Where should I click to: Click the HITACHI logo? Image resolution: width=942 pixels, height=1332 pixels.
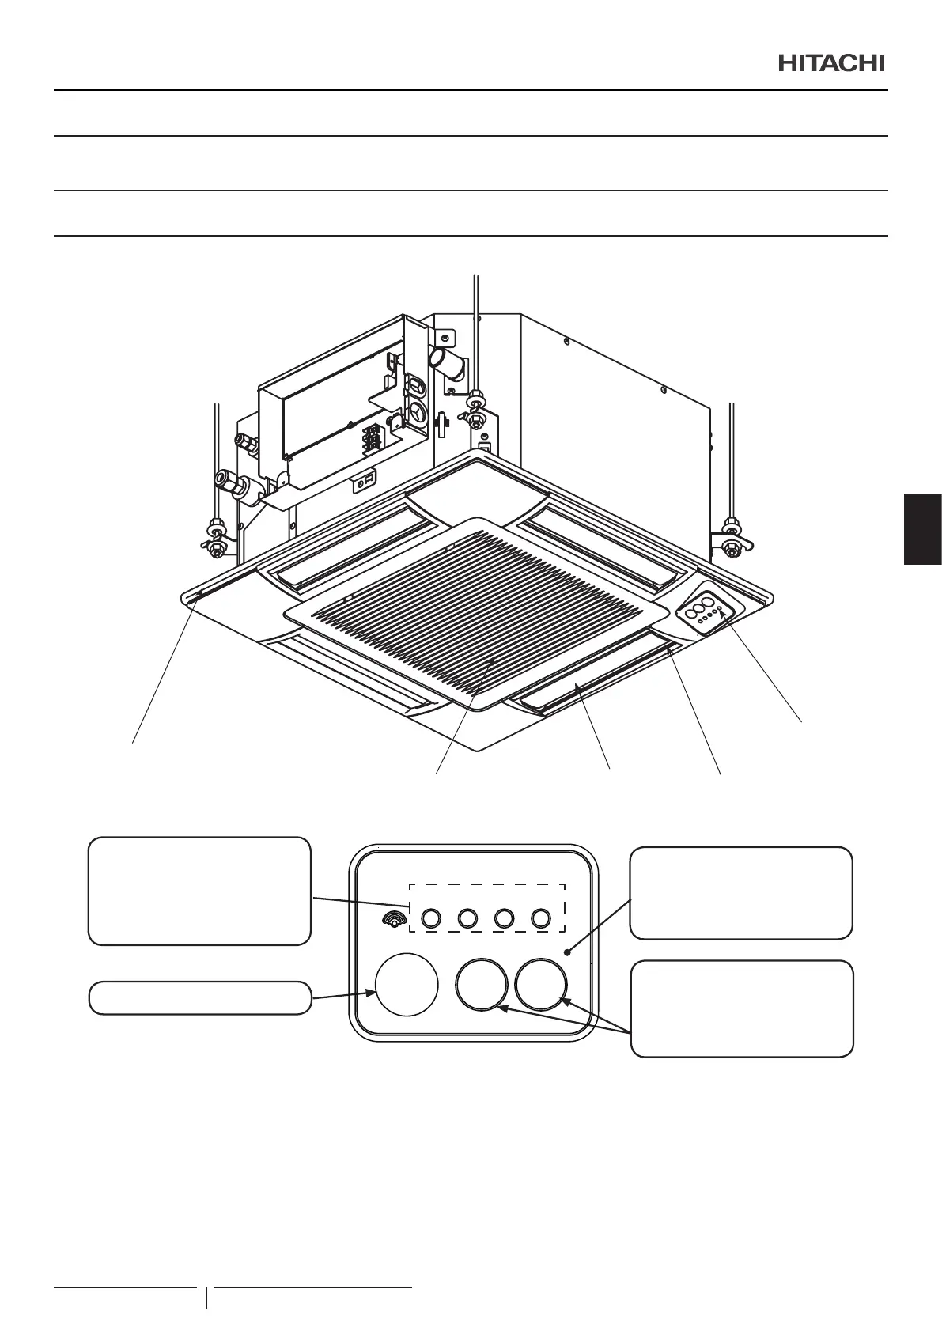coord(831,63)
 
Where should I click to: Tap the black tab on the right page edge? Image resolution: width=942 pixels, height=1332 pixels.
coord(922,529)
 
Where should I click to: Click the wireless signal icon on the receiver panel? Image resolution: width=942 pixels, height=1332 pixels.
coord(392,918)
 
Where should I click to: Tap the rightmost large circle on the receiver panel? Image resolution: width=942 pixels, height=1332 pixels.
coord(541,985)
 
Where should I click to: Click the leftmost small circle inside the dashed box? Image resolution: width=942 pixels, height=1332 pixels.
coord(429,918)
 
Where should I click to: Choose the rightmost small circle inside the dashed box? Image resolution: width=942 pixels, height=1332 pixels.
coord(541,918)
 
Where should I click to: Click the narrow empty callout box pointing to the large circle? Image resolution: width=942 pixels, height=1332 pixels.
coord(199,997)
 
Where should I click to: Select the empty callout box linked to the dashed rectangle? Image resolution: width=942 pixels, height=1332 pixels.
coord(199,891)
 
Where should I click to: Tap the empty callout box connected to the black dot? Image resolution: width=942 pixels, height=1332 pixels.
coord(741,892)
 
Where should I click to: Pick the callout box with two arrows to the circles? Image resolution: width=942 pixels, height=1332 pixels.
coord(741,1008)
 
